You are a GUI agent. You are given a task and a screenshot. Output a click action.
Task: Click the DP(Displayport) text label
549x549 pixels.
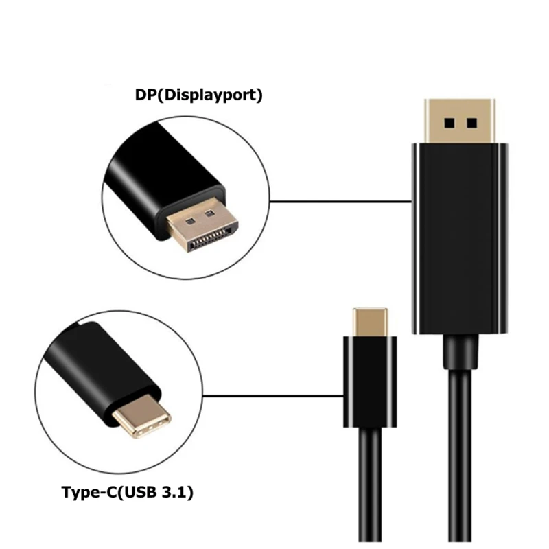pyautogui.click(x=198, y=95)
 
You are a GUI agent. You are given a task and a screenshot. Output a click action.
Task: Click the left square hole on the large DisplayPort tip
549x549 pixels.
pyautogui.click(x=449, y=124)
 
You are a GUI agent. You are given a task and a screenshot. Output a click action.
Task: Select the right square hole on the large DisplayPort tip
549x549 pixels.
pyautogui.click(x=471, y=124)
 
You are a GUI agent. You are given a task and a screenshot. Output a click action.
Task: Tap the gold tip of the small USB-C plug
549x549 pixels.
pyautogui.click(x=373, y=320)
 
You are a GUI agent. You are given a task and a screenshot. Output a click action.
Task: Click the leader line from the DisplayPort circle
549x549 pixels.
pyautogui.click(x=340, y=202)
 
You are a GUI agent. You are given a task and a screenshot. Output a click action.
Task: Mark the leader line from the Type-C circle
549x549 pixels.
pyautogui.click(x=274, y=395)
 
